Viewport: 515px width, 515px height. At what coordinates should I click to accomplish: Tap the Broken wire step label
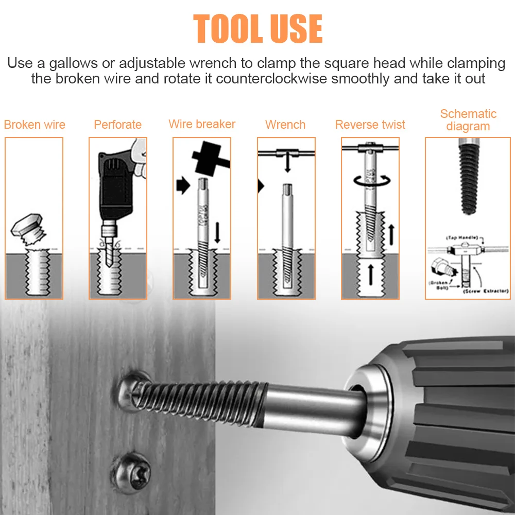click(x=35, y=125)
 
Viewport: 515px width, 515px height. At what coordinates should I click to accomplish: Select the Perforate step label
click(x=117, y=125)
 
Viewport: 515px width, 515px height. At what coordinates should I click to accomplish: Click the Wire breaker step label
click(x=202, y=124)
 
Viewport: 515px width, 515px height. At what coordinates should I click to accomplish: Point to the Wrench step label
click(x=285, y=125)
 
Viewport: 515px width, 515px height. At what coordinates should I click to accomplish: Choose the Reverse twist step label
click(x=370, y=125)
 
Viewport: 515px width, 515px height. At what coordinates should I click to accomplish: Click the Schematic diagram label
click(x=468, y=119)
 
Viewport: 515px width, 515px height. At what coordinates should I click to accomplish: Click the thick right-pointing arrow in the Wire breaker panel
click(x=183, y=186)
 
